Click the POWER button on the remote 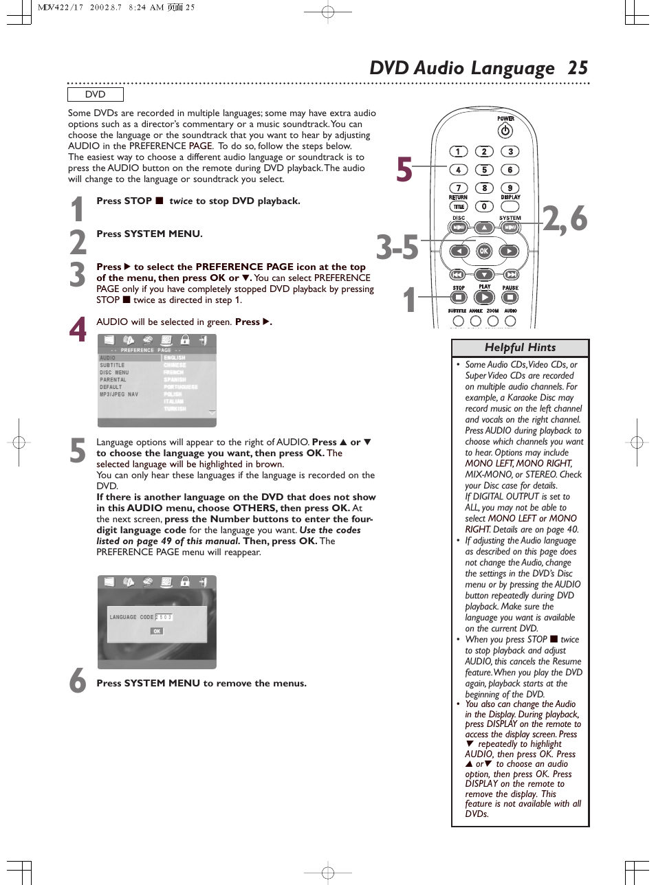[x=505, y=131]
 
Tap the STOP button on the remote [x=459, y=298]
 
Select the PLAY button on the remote [x=484, y=298]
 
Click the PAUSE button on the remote [x=510, y=298]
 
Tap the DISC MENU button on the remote [x=459, y=227]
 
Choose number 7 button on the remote [x=459, y=188]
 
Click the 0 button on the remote [x=484, y=206]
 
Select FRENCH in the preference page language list [x=174, y=372]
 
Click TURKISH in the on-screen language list [x=175, y=409]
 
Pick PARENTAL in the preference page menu [x=113, y=380]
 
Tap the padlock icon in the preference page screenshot [x=184, y=340]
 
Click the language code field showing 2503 [x=164, y=617]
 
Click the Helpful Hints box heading [x=520, y=348]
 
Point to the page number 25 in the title [x=578, y=68]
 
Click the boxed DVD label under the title [x=96, y=95]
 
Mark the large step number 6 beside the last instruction [x=78, y=681]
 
